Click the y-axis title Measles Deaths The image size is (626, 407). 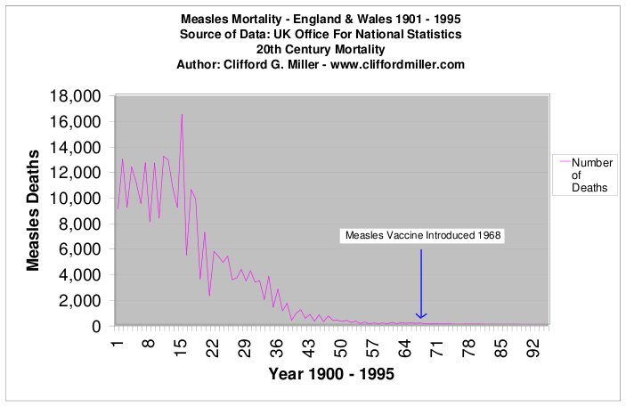point(34,211)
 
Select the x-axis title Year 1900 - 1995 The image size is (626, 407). point(331,374)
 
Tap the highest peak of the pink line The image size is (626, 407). point(182,114)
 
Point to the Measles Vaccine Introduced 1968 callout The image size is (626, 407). point(421,236)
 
